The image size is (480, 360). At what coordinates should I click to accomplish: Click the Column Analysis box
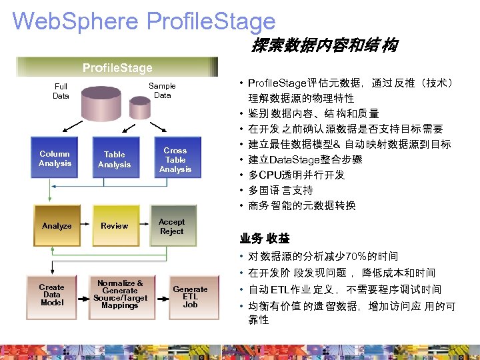click(55, 159)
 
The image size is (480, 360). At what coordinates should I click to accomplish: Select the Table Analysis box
click(115, 159)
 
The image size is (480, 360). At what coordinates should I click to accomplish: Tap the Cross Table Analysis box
click(175, 159)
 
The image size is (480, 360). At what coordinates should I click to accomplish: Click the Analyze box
click(57, 226)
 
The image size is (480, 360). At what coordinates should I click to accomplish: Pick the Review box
click(115, 226)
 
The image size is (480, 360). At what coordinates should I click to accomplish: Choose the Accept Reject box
click(172, 226)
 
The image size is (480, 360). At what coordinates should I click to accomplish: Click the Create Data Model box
click(52, 295)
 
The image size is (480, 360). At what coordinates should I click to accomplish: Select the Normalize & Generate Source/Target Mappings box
click(120, 295)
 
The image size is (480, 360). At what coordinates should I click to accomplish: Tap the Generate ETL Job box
click(190, 296)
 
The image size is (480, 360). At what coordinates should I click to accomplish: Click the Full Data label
click(61, 91)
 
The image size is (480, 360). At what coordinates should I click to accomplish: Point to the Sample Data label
click(162, 91)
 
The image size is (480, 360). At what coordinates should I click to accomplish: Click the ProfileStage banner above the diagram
click(117, 67)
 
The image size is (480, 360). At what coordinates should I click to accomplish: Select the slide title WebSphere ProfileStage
click(144, 21)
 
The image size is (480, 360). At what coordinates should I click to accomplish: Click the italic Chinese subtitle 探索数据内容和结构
click(324, 45)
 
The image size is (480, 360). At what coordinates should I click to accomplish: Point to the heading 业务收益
click(265, 238)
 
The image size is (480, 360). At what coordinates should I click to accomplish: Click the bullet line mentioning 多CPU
click(297, 175)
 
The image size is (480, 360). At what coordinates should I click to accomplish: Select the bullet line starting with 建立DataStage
click(306, 159)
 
